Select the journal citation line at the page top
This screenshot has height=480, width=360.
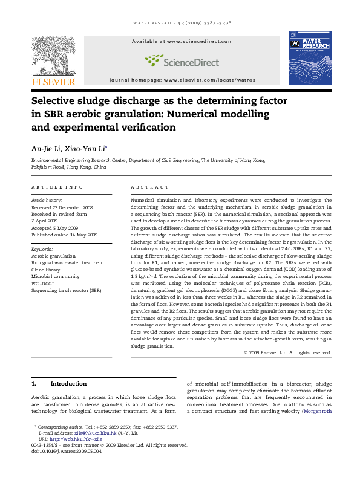[180, 23]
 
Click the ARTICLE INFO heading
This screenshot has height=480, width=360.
[57, 187]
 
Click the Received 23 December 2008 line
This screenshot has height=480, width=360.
[62, 207]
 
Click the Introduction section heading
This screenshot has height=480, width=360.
[68, 383]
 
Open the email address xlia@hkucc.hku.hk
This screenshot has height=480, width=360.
[85, 433]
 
